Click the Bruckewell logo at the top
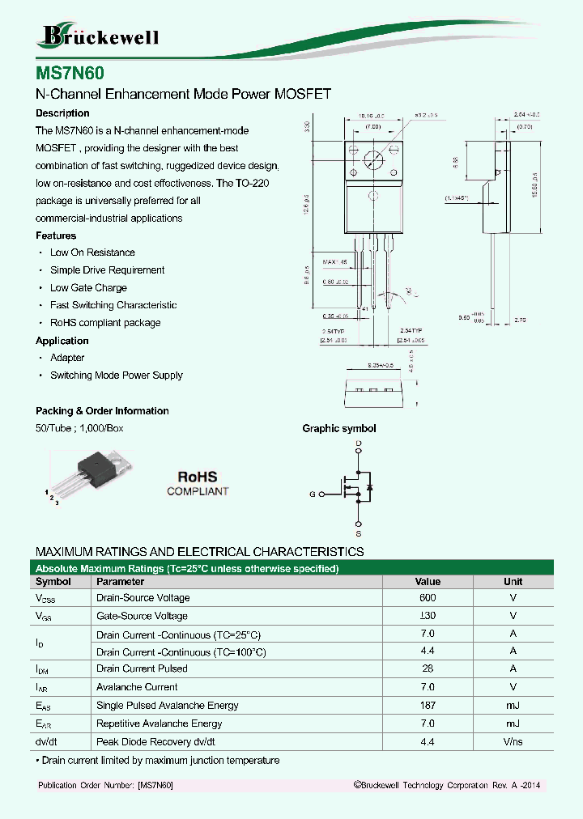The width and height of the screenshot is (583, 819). coord(100,36)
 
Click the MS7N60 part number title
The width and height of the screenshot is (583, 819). coord(70,71)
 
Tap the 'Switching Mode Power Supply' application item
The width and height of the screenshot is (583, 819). coord(116,375)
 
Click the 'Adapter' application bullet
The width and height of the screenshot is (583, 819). coord(67,358)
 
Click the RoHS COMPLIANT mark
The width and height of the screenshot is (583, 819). coord(198,484)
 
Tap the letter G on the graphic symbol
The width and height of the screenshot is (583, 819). coord(312,494)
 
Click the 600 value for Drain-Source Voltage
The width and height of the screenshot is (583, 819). coord(428,598)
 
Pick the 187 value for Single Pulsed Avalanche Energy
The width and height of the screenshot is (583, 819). coord(428,706)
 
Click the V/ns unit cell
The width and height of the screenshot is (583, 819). coord(513,741)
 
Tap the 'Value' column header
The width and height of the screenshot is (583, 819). coord(428,581)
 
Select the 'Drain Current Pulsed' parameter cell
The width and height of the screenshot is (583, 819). coord(142,668)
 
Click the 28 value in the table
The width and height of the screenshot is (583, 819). coord(428,668)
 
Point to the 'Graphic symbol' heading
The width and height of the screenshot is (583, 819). coord(338,429)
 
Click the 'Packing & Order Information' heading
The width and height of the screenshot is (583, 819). coord(102,411)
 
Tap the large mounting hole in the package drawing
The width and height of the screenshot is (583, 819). coord(372,159)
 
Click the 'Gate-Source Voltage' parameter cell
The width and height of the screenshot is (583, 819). coord(142,616)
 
